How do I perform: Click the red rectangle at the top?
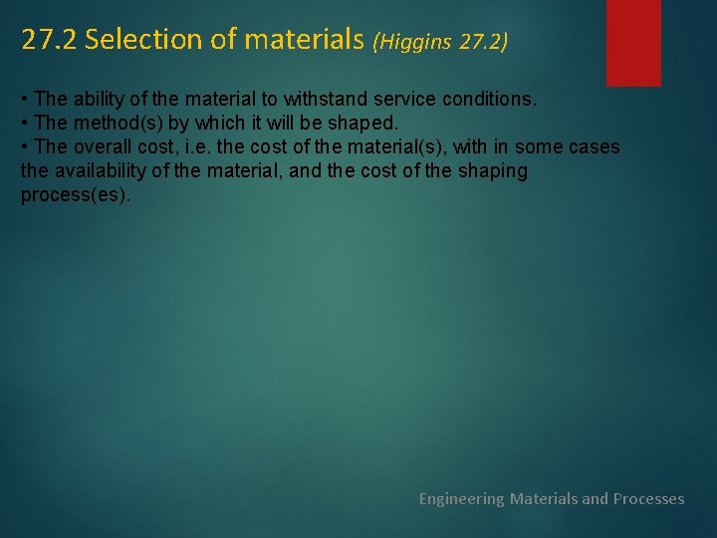click(633, 42)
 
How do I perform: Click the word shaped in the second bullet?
click(363, 124)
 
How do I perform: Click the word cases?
click(594, 147)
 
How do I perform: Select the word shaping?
click(492, 171)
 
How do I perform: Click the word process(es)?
click(75, 195)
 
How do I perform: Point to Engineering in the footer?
click(461, 498)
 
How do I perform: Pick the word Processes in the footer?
click(648, 498)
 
